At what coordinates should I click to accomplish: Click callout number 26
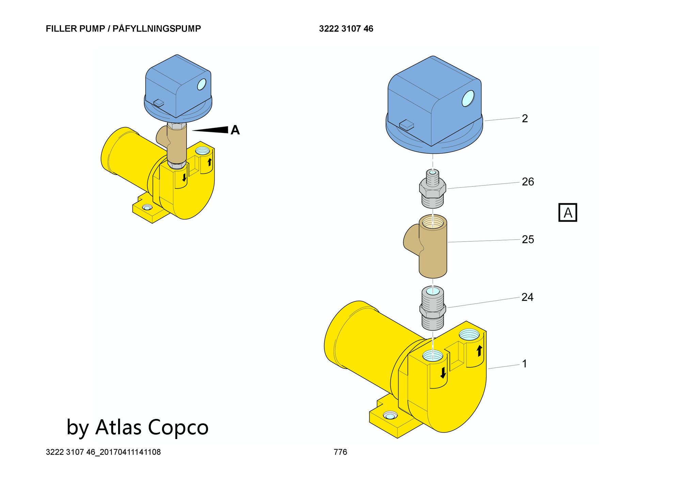tap(528, 182)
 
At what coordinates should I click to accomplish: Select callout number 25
tap(528, 239)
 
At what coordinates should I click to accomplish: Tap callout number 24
tap(527, 297)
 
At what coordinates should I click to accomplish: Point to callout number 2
tap(525, 118)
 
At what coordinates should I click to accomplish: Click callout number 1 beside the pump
tap(524, 364)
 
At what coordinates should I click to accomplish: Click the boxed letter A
tap(568, 213)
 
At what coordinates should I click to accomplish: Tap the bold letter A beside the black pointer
tap(235, 130)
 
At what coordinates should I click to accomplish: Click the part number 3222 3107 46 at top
tap(346, 29)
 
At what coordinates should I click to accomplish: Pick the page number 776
tap(340, 452)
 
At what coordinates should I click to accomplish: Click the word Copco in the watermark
tap(178, 427)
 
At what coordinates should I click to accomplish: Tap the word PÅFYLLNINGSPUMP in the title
tap(157, 29)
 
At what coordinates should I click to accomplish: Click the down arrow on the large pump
tap(443, 373)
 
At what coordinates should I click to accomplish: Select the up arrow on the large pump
tap(479, 350)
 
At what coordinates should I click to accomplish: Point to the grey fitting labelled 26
tap(432, 189)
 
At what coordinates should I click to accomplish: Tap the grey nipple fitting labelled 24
tap(432, 308)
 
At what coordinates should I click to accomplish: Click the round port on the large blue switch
tap(468, 98)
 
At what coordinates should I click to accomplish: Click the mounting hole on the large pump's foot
tap(390, 416)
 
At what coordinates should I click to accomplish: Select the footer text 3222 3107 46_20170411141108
tap(103, 452)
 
